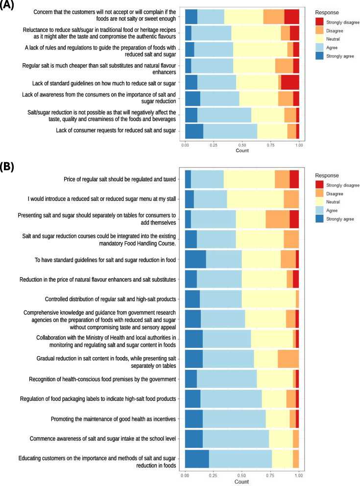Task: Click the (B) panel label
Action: [7, 167]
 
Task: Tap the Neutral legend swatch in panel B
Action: [319, 202]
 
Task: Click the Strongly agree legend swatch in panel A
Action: [319, 56]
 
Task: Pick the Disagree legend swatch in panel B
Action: [319, 194]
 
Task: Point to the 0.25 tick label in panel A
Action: [214, 145]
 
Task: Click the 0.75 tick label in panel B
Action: [270, 475]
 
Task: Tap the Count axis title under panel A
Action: [242, 150]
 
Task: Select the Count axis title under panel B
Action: [241, 482]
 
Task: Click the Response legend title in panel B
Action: [327, 175]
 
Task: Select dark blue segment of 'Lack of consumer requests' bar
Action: [194, 131]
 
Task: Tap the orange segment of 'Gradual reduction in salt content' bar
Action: [288, 359]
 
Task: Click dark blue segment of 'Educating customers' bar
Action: [197, 459]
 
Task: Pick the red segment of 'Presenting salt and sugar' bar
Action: [294, 219]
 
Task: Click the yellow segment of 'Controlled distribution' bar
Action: [268, 299]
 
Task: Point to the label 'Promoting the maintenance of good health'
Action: [114, 419]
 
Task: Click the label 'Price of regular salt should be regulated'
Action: [120, 179]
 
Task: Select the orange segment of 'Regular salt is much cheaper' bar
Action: [284, 66]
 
